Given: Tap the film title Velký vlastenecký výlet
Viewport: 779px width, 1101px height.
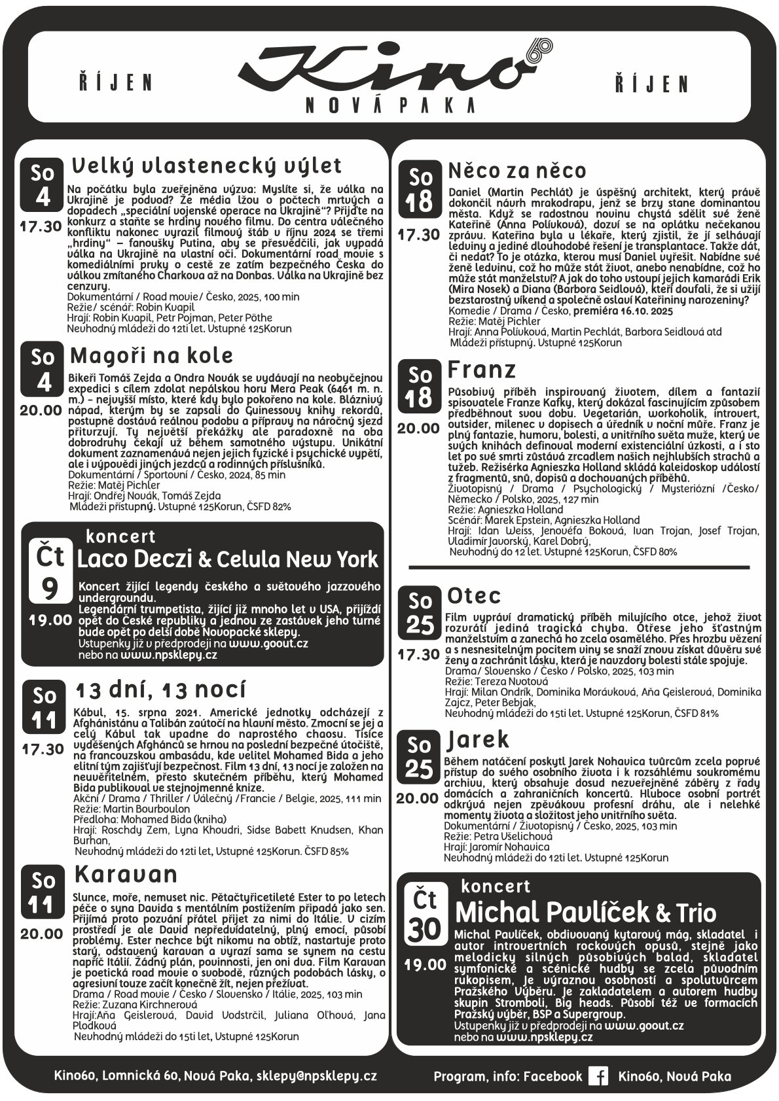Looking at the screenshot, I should (x=206, y=165).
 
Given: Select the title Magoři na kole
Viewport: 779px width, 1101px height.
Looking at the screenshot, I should (x=152, y=356).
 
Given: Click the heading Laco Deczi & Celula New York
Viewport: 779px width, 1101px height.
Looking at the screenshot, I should (x=228, y=559).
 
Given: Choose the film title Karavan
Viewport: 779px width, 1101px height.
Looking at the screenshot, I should (x=126, y=874).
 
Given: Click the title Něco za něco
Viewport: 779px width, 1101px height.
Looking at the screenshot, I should (x=517, y=171).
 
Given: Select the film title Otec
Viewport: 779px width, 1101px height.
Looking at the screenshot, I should (x=474, y=596).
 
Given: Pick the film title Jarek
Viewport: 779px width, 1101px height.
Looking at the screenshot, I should (x=478, y=740).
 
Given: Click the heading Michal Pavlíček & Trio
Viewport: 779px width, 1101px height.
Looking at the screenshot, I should (x=585, y=912).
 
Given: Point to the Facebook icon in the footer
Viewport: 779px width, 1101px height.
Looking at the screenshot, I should (x=598, y=1076).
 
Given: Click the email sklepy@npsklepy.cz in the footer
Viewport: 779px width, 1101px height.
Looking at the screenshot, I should (x=316, y=1076).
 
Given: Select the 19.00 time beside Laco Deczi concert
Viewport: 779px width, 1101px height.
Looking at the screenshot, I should (x=50, y=620).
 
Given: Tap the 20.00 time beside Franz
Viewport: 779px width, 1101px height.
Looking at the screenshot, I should (x=419, y=428).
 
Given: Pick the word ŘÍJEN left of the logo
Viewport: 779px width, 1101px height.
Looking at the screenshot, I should (x=115, y=83).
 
